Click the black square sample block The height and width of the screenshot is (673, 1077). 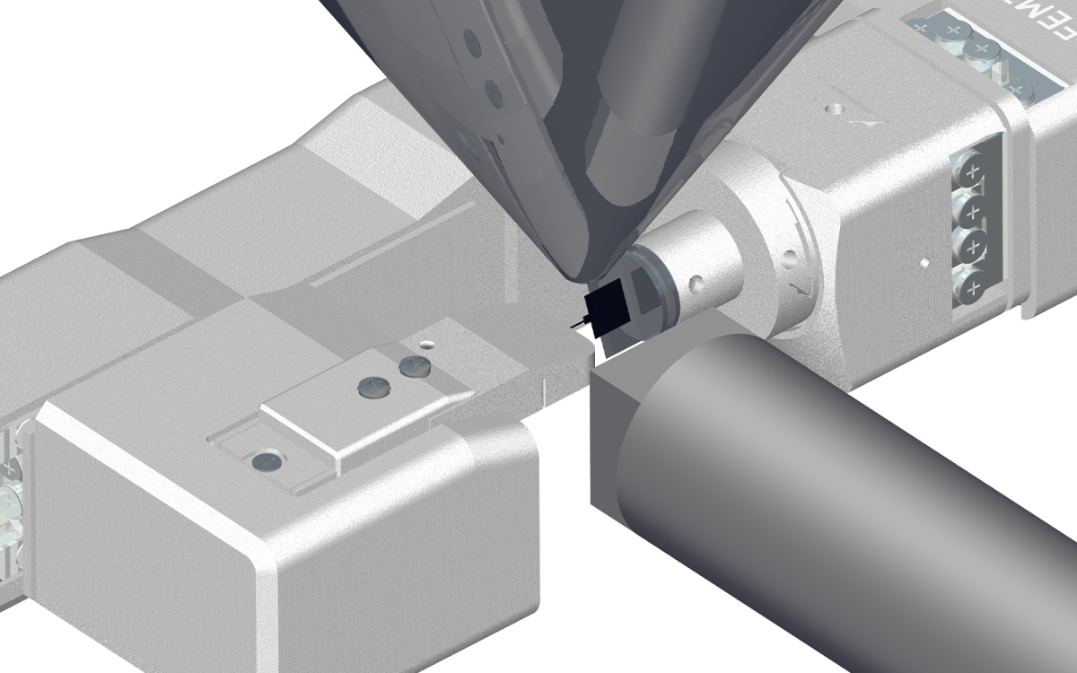pyautogui.click(x=606, y=307)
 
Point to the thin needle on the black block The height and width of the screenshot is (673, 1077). pyautogui.click(x=575, y=321)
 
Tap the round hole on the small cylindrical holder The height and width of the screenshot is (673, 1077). pyautogui.click(x=695, y=285)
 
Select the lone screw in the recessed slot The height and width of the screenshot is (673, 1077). pyautogui.click(x=267, y=461)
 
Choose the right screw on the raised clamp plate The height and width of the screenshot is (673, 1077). pyautogui.click(x=414, y=365)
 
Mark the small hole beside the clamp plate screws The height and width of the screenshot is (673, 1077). pyautogui.click(x=428, y=343)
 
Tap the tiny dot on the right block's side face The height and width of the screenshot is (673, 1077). pyautogui.click(x=923, y=264)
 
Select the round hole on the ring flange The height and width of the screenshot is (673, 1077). pyautogui.click(x=789, y=260)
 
